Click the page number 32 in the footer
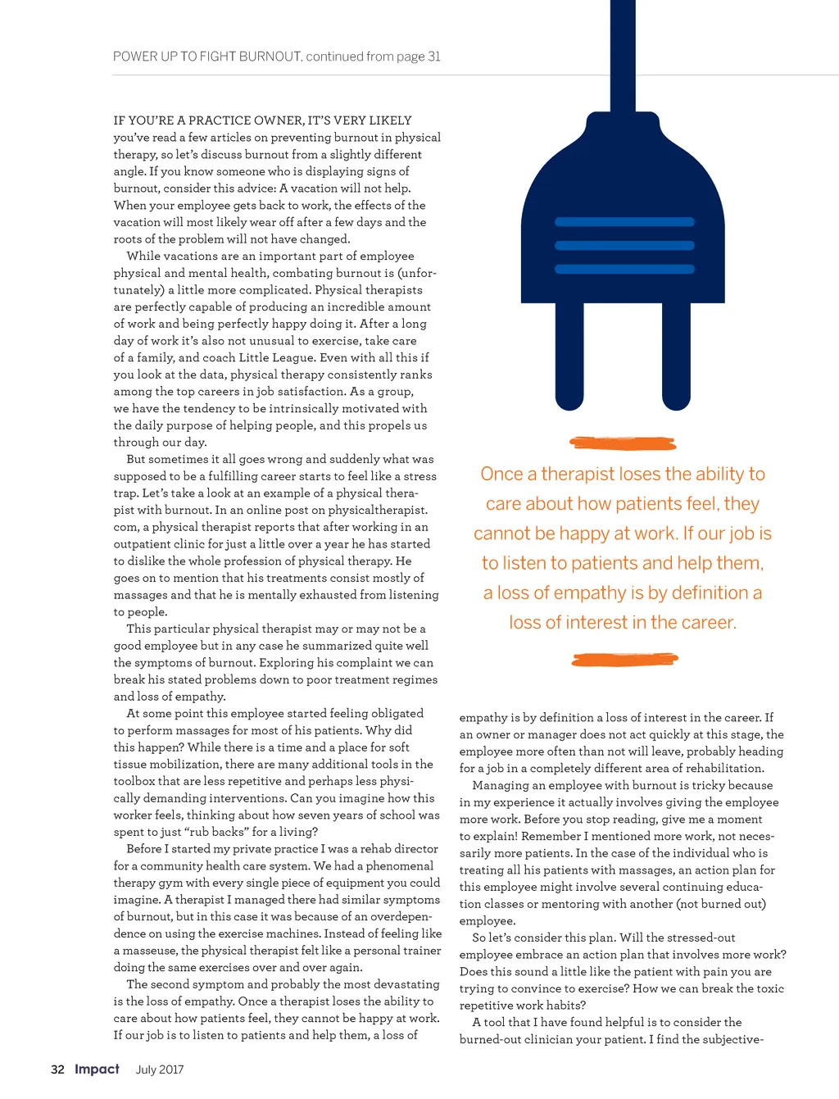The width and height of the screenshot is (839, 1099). (x=57, y=1069)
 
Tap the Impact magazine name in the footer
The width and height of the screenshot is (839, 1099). (x=97, y=1069)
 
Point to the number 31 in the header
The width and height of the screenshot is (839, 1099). (x=433, y=57)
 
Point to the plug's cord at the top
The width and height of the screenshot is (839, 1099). (x=623, y=49)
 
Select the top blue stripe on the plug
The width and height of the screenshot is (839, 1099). (x=624, y=222)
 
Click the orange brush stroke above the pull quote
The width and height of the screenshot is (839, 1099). (x=623, y=443)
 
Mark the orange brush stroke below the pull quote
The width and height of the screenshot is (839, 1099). (x=624, y=660)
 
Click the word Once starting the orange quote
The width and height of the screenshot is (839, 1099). (x=501, y=475)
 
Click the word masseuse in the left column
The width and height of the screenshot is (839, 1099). (x=152, y=951)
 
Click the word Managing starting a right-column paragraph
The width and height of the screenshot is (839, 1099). (x=501, y=786)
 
